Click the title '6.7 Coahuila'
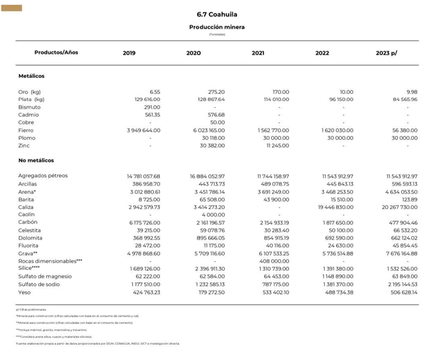click(x=217, y=14)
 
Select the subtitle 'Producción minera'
click(x=217, y=27)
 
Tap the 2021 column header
click(x=258, y=53)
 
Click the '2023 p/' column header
click(x=386, y=53)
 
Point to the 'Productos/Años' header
click(x=56, y=52)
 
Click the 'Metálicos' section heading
click(x=31, y=76)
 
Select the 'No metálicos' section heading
click(x=36, y=160)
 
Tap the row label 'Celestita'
click(x=30, y=230)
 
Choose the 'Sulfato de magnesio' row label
click(x=45, y=276)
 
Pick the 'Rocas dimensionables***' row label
click(x=50, y=261)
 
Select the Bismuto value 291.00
click(x=148, y=107)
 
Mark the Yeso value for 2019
click(x=146, y=292)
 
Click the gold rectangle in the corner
click(x=12, y=8)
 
